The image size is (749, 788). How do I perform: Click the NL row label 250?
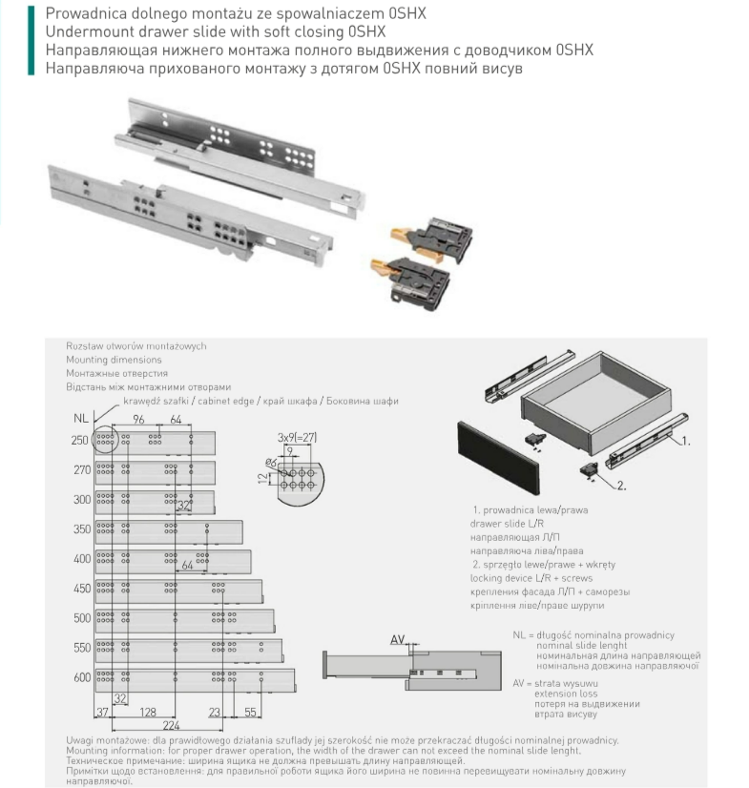(x=81, y=440)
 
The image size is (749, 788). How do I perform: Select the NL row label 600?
(x=81, y=677)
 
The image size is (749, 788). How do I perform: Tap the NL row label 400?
(x=81, y=558)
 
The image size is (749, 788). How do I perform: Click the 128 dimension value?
(x=148, y=713)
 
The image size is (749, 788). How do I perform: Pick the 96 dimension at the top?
(x=138, y=420)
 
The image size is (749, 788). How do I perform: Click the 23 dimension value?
(x=215, y=713)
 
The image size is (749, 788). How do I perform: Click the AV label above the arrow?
(x=398, y=640)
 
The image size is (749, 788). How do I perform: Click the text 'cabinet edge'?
(x=222, y=402)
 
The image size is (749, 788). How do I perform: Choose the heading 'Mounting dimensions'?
(x=114, y=361)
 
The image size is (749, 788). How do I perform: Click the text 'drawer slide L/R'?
(x=505, y=524)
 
